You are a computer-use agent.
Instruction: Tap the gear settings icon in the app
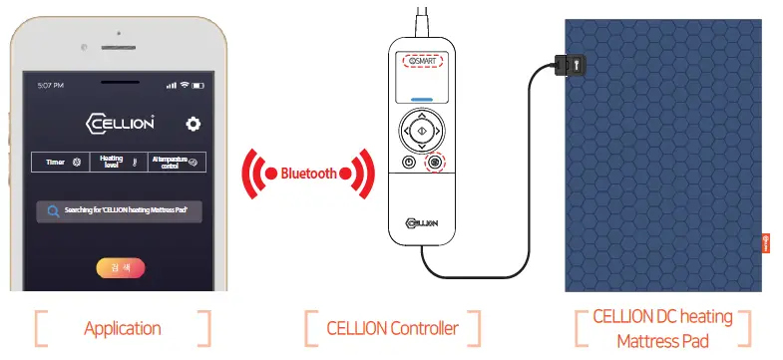tap(193, 124)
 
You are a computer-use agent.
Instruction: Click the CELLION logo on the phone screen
tap(120, 124)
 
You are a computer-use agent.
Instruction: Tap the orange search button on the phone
tap(120, 267)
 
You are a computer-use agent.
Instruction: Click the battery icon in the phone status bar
tap(196, 84)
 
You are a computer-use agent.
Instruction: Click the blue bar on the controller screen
tap(422, 100)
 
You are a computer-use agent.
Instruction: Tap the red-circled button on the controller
tap(435, 163)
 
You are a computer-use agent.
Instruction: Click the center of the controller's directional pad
tap(422, 131)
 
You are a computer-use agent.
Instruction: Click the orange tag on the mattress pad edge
tap(766, 242)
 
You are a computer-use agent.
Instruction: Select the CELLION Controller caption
tap(392, 327)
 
